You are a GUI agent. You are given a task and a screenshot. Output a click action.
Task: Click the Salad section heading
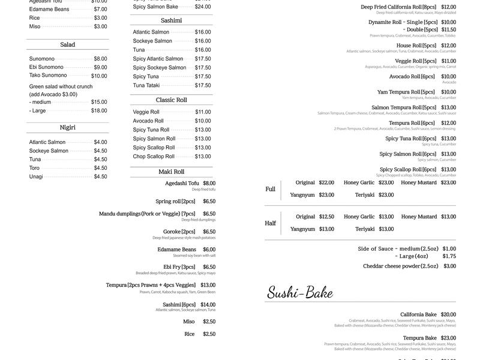(x=67, y=44)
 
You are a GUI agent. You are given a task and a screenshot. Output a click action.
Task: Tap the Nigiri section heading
(x=67, y=127)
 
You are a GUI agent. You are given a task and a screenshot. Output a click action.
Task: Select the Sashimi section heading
(x=172, y=20)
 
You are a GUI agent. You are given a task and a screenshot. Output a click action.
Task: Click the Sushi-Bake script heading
(x=299, y=293)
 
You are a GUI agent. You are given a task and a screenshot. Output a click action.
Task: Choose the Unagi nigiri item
(x=36, y=176)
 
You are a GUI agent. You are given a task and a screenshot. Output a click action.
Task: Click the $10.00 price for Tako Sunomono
(x=99, y=76)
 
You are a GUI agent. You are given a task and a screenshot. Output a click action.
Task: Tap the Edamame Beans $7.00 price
(x=100, y=9)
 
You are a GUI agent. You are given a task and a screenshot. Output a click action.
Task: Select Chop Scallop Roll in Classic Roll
(x=154, y=157)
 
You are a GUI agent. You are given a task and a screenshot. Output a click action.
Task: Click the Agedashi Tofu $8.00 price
(x=209, y=183)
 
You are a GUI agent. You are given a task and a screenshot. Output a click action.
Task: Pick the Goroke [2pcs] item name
(x=179, y=232)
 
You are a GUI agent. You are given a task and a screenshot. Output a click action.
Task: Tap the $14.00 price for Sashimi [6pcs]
(x=208, y=304)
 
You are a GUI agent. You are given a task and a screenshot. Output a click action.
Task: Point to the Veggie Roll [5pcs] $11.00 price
(x=448, y=61)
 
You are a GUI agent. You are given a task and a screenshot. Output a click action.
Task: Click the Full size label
(x=270, y=189)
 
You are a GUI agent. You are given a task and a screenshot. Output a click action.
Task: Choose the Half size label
(x=270, y=223)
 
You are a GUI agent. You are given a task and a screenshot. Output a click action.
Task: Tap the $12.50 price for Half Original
(x=326, y=217)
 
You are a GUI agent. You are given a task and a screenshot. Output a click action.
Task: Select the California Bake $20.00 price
(x=448, y=314)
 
